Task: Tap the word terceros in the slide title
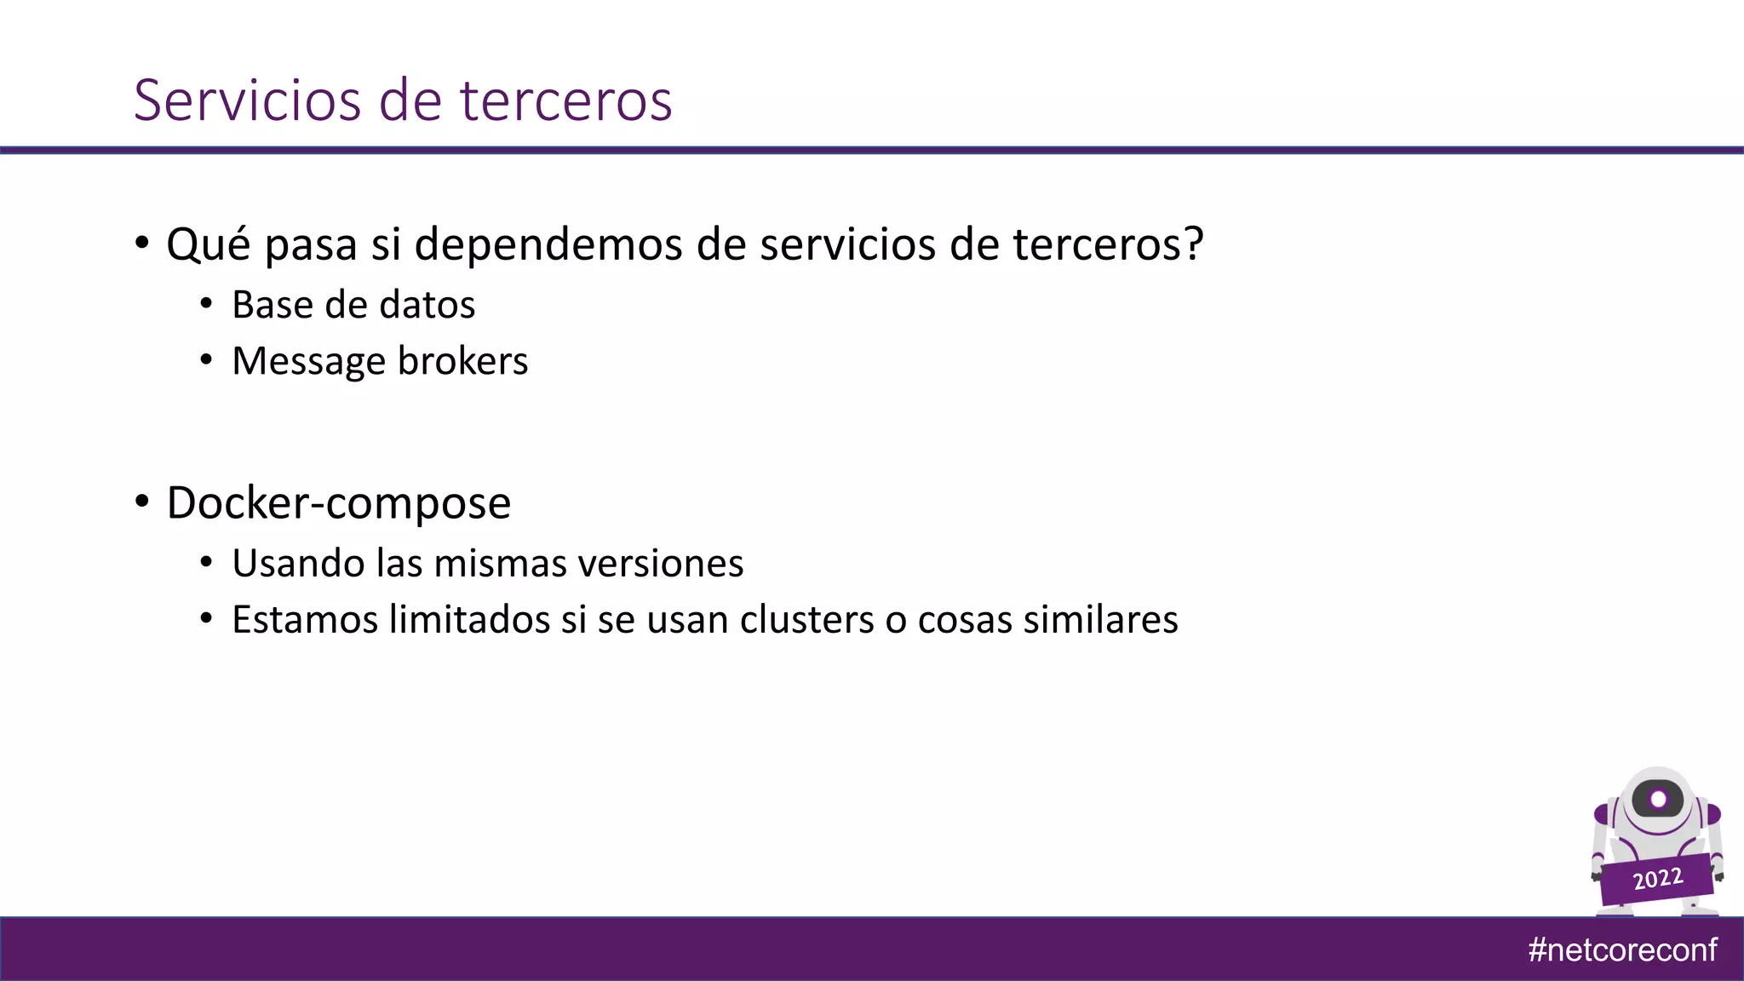pos(566,100)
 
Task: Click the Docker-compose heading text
pos(338,503)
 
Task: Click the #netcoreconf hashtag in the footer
pos(1622,949)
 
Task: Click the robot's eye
pos(1658,800)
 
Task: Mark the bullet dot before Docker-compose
pos(142,502)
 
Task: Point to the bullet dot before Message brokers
pos(206,360)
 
